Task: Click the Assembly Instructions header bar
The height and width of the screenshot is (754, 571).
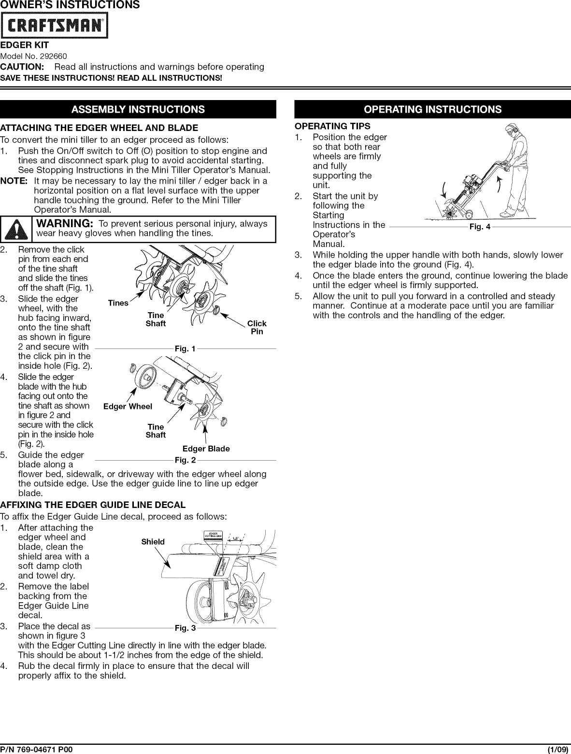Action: coord(138,109)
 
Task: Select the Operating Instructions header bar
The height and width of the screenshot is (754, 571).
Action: coord(432,109)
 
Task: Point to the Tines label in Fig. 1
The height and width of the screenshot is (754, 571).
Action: coord(118,303)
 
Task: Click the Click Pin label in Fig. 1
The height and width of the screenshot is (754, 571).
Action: coord(257,327)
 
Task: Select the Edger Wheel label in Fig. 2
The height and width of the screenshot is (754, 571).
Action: coord(128,406)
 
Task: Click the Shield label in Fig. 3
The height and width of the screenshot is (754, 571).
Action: coord(153,542)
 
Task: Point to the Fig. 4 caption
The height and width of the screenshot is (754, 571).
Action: coord(480,227)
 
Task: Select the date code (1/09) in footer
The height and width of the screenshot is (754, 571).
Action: coord(558,750)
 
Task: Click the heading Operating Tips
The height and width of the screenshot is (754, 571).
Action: coord(333,126)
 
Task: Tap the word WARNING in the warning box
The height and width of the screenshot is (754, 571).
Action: coord(65,223)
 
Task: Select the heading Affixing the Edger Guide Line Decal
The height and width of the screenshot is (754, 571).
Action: coord(93,505)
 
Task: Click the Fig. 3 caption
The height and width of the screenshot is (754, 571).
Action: coord(186,628)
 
